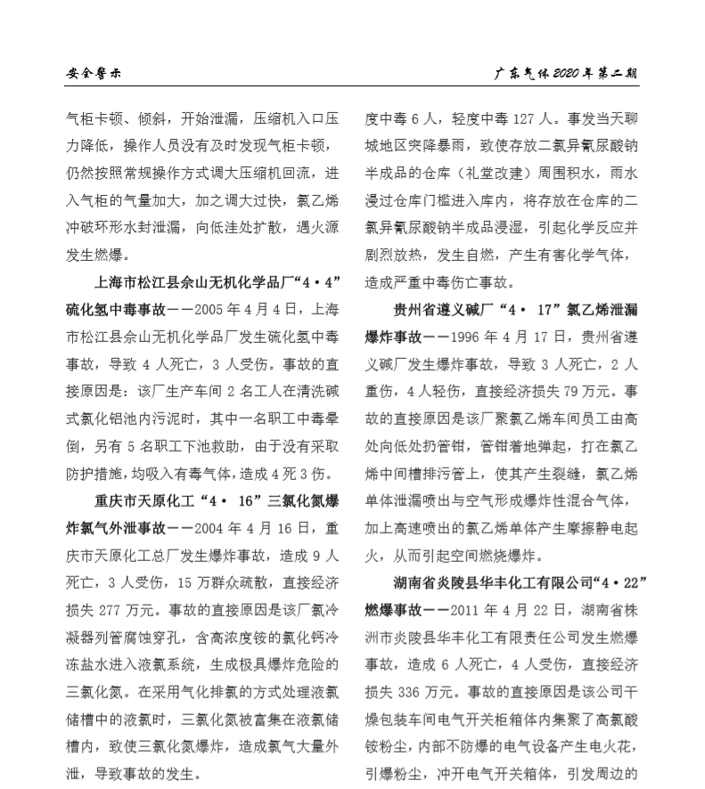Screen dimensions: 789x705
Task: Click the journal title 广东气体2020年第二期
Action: tap(567, 73)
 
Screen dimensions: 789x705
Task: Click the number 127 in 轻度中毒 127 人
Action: tap(529, 118)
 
